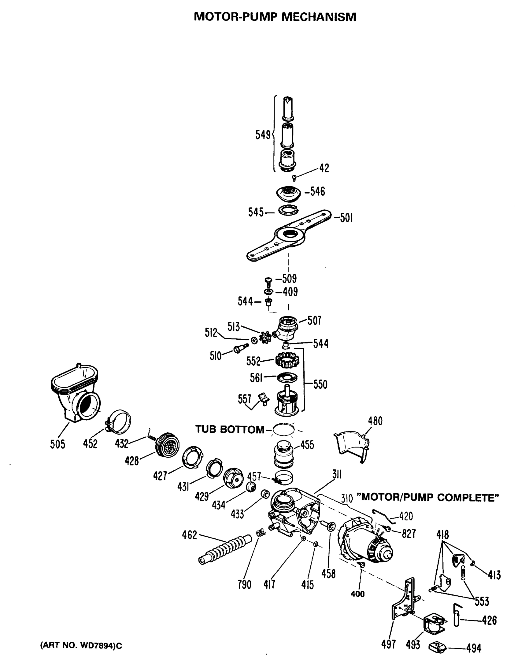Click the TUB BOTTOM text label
click(230, 430)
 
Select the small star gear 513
click(265, 337)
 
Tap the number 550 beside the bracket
click(320, 384)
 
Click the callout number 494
click(474, 648)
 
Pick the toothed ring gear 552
click(288, 360)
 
